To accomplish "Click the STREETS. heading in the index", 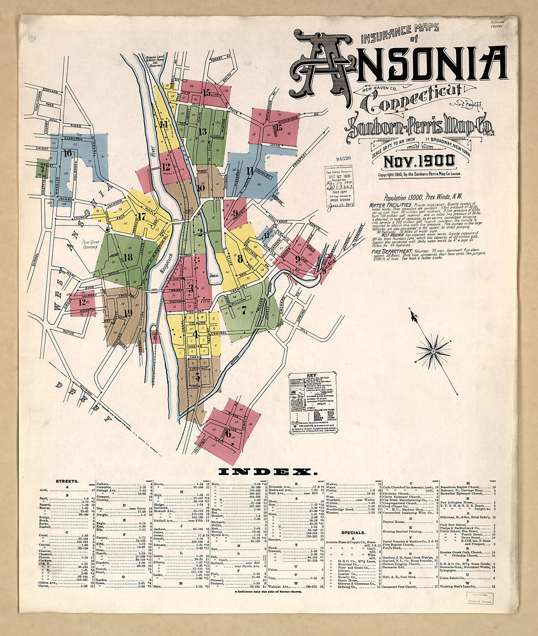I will pos(67,481).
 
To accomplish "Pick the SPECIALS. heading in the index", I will pos(354,532).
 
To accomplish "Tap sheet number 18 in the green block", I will pos(128,257).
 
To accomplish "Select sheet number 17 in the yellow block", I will pos(142,216).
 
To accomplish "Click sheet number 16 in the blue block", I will pos(67,153).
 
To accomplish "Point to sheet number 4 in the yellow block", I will pos(195,335).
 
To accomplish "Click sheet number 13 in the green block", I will pos(202,131).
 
